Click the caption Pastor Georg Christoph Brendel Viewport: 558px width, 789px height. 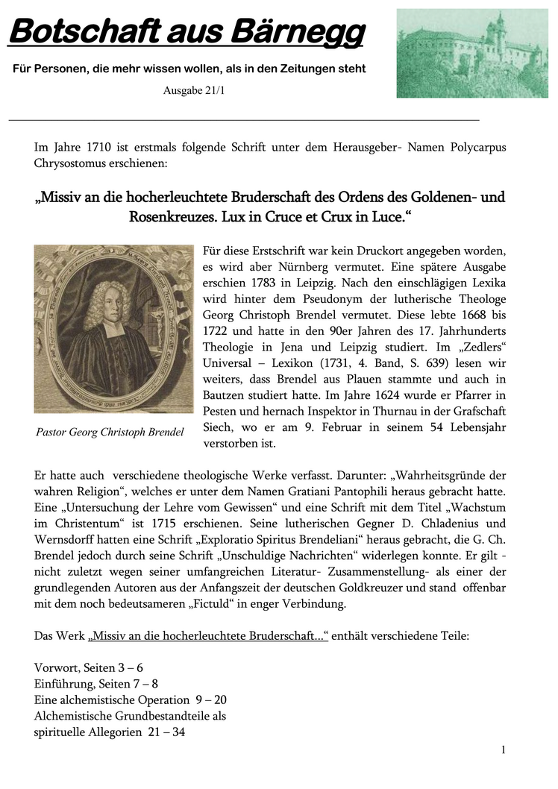[110, 432]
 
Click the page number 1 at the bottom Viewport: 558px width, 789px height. [504, 749]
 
